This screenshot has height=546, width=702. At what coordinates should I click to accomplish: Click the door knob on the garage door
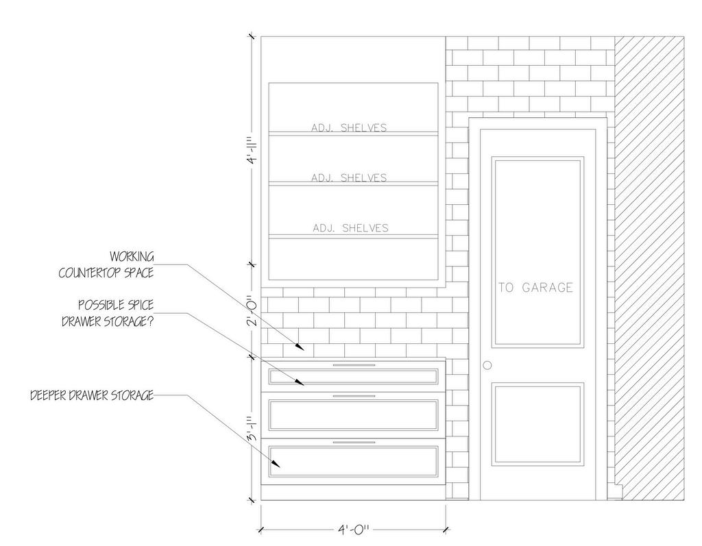tap(487, 365)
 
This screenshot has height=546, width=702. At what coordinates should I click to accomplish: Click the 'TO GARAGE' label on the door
tap(535, 288)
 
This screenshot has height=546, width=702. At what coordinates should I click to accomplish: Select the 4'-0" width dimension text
tap(353, 530)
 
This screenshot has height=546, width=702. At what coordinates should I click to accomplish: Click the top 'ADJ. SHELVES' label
tap(349, 127)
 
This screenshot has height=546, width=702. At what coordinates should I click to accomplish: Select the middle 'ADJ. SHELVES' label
tap(349, 177)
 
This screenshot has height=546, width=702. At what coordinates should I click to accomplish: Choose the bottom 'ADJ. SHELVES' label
tap(350, 227)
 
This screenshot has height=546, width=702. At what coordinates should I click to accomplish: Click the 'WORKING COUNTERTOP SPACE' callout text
tap(106, 264)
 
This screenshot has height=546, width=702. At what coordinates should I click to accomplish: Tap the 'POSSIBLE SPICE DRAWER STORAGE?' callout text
tap(107, 313)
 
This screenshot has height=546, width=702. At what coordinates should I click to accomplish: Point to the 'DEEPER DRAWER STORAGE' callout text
tap(92, 396)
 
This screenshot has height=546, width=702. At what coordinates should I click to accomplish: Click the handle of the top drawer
tap(353, 366)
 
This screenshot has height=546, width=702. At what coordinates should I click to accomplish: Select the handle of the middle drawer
tap(353, 396)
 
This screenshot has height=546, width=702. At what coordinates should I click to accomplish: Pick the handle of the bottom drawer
tap(353, 443)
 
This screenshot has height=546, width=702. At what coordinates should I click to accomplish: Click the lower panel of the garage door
tap(538, 421)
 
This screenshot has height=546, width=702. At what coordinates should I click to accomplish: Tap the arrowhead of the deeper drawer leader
tap(277, 467)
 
